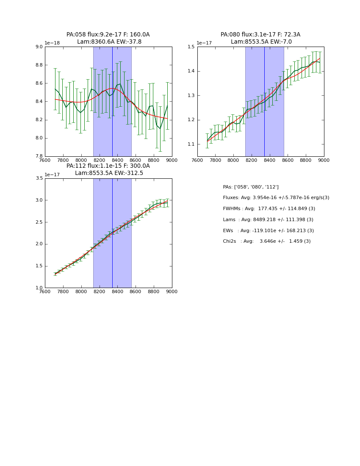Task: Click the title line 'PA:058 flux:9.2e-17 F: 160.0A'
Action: [x=108, y=35]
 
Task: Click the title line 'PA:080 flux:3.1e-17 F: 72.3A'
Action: [x=260, y=35]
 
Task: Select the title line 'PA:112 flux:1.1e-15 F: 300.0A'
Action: [x=108, y=166]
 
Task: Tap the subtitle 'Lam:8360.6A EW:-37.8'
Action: [x=109, y=42]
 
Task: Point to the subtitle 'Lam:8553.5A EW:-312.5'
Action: [x=109, y=173]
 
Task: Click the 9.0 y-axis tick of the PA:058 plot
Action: [x=39, y=47]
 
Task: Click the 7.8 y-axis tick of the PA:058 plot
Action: [x=39, y=156]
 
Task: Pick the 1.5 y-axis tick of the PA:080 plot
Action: [x=191, y=47]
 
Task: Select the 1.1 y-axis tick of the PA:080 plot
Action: [x=191, y=144]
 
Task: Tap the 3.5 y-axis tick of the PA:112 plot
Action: [x=39, y=178]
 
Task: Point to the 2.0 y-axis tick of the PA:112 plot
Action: [x=39, y=244]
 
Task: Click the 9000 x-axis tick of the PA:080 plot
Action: [x=324, y=161]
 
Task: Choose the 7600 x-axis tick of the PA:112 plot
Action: [x=45, y=292]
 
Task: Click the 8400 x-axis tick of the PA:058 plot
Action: [x=117, y=161]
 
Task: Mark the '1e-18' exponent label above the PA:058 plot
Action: [x=53, y=43]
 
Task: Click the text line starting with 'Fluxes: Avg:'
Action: [x=276, y=198]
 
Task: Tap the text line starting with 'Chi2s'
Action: [x=266, y=241]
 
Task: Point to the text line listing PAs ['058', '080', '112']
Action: [x=251, y=187]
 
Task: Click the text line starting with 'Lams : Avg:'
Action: [x=268, y=220]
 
